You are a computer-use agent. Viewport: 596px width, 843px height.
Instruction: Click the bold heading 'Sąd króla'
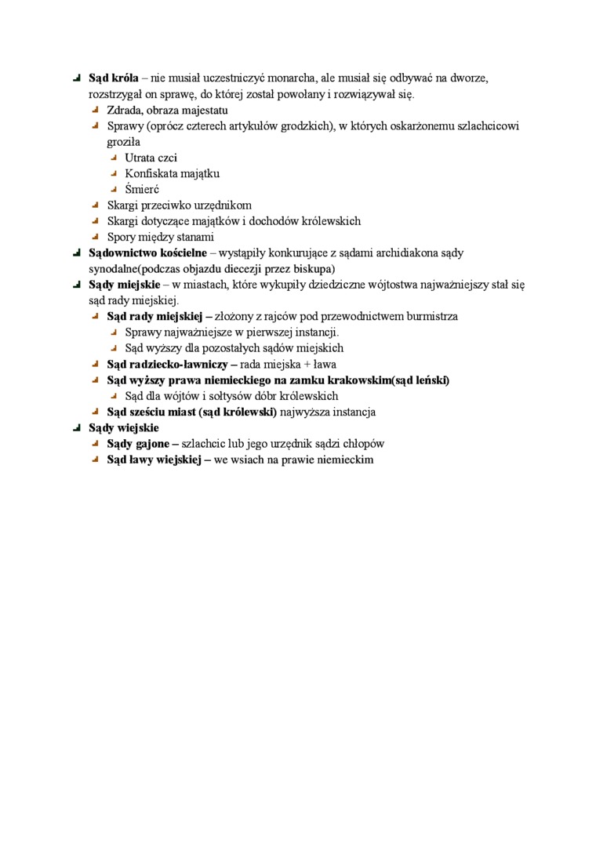coord(113,78)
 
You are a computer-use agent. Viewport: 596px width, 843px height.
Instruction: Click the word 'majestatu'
coord(205,111)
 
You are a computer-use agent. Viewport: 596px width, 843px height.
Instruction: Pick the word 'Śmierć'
coord(142,189)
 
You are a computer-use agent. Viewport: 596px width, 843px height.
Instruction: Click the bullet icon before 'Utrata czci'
coord(114,158)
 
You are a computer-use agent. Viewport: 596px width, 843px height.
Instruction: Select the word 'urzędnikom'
coord(224,205)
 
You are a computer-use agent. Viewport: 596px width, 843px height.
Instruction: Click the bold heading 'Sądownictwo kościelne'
coord(147,253)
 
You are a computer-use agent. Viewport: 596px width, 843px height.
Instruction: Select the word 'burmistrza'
coord(431,317)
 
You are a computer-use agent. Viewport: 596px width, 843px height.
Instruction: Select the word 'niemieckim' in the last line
coord(346,460)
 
